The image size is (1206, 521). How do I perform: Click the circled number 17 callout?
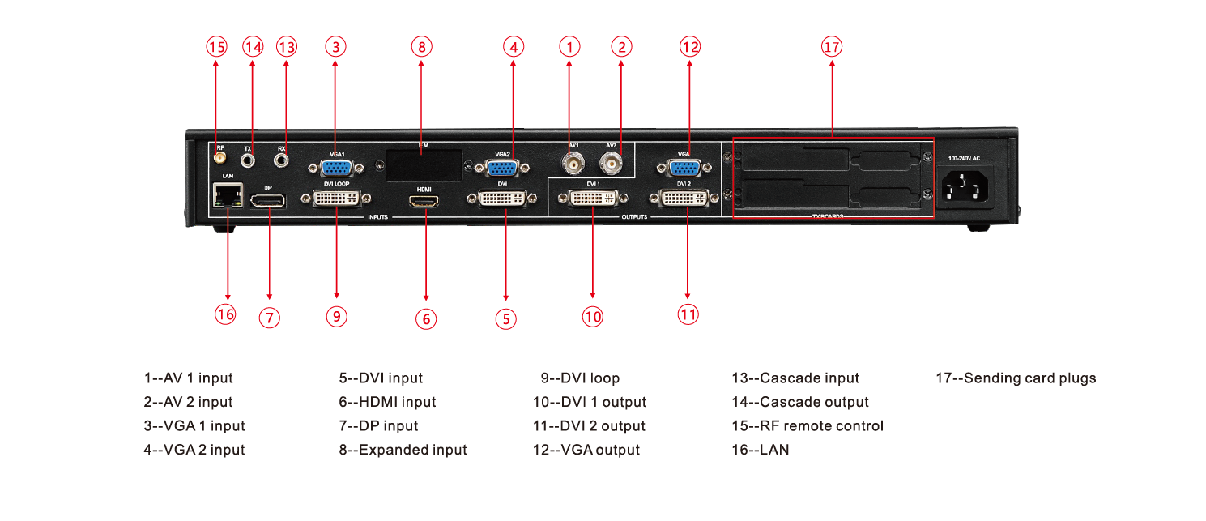point(831,47)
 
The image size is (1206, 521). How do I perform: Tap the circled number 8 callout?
point(420,46)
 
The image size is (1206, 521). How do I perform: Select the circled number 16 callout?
point(225,314)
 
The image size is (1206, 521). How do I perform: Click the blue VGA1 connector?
point(335,168)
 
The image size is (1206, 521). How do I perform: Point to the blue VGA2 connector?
point(501,168)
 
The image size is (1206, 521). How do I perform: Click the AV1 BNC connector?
point(573,165)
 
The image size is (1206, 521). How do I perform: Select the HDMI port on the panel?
point(424,202)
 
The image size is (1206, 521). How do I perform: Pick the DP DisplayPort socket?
point(268,200)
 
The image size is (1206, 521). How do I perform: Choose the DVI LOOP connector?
point(336,199)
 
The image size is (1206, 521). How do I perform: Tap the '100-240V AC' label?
point(965,157)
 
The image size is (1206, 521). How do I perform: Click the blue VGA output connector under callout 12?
point(684,168)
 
